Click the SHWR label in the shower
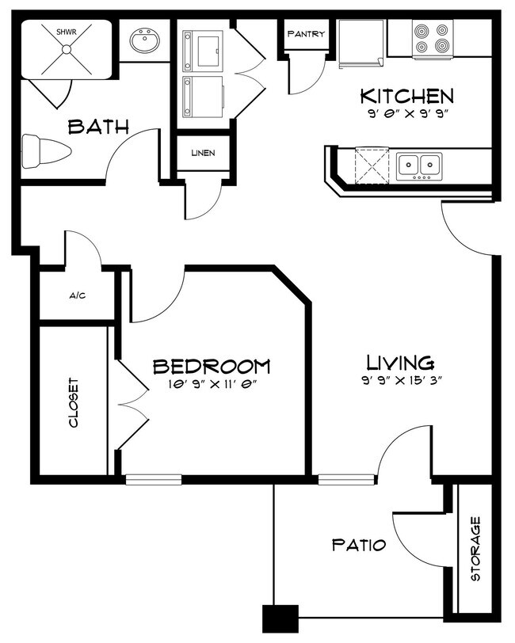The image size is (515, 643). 67,32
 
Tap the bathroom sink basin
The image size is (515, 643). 145,40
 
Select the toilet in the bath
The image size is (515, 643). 47,151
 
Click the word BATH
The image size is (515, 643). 98,127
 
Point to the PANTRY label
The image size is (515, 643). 306,33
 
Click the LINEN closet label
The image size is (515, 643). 203,153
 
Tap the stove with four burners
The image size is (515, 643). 432,40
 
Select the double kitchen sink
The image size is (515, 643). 419,166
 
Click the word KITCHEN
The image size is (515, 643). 407,97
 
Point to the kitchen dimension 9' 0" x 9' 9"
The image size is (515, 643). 406,114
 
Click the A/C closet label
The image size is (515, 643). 78,295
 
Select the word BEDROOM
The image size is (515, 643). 212,367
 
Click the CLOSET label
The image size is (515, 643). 74,403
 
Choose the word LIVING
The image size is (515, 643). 400,363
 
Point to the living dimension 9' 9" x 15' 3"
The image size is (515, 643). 402,381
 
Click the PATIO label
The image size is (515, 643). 359,546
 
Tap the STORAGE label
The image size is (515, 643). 475,549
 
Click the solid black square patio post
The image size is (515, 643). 280,618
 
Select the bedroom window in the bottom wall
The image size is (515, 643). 154,479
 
